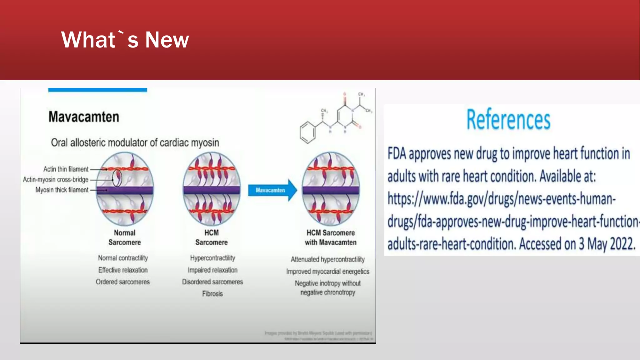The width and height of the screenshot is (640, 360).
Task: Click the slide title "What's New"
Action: (125, 40)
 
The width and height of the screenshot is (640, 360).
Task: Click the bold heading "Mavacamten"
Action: (84, 117)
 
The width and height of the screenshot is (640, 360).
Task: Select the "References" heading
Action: (508, 119)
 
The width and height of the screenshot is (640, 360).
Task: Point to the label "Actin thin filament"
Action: (66, 169)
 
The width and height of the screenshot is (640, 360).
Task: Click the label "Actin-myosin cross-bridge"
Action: (56, 179)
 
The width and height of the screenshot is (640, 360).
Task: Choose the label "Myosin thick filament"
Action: (62, 190)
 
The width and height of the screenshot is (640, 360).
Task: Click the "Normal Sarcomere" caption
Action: (125, 237)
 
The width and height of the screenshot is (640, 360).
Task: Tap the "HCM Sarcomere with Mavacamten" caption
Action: (331, 237)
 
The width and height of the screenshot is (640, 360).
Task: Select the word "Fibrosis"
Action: (212, 294)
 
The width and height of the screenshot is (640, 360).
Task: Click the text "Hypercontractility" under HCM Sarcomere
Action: (212, 258)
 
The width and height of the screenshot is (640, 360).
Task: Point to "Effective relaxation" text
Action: (123, 270)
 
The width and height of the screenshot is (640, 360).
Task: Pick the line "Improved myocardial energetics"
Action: (327, 272)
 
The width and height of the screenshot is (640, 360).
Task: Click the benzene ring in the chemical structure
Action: (308, 132)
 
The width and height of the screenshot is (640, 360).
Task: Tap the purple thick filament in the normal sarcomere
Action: (125, 190)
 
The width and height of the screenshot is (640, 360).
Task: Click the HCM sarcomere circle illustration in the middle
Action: (212, 189)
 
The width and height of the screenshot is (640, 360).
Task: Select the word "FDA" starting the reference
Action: (397, 154)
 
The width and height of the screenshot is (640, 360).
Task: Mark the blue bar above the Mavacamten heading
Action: (97, 90)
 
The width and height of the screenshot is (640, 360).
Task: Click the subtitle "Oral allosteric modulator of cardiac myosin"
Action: (135, 143)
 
